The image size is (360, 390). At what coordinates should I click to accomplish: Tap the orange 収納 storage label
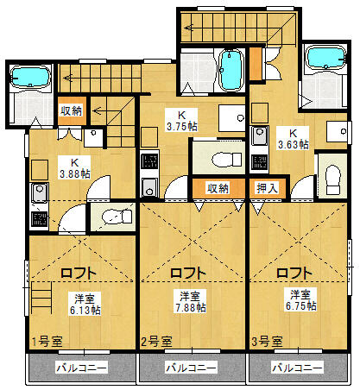click(217, 187)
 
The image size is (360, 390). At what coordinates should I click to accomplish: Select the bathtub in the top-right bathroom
click(326, 59)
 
